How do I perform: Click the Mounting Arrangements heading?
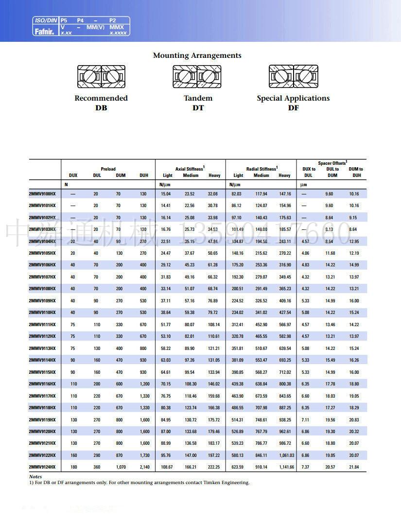tap(197, 55)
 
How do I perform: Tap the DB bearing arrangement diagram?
tap(101, 77)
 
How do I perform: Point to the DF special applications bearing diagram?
tap(293, 77)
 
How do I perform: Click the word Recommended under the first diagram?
tap(101, 98)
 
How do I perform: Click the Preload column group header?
tap(108, 169)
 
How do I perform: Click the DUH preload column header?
tap(144, 175)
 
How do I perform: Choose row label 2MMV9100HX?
tap(42, 194)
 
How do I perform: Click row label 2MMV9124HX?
tap(42, 467)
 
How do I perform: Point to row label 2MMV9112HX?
tap(42, 336)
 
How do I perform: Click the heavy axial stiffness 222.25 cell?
tap(214, 467)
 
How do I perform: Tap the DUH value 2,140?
tap(144, 467)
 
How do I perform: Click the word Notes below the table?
tap(35, 477)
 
